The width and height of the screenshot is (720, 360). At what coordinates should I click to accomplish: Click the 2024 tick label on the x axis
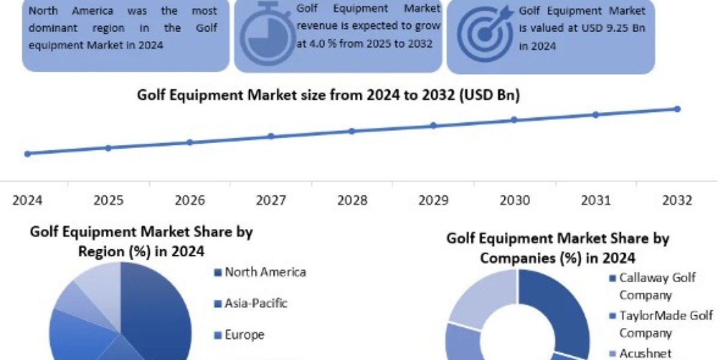click(x=27, y=200)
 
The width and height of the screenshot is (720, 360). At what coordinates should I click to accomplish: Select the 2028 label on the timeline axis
click(x=352, y=200)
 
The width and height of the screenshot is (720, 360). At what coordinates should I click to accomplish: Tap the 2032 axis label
click(x=677, y=200)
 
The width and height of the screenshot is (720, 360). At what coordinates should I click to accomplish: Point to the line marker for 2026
click(x=190, y=142)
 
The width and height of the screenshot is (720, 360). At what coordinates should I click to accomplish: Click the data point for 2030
click(x=514, y=119)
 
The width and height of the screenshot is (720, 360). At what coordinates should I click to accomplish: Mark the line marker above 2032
click(x=677, y=109)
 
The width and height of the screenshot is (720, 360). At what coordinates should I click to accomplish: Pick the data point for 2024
click(x=27, y=154)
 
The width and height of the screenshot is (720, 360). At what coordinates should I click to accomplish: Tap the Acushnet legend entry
click(x=644, y=355)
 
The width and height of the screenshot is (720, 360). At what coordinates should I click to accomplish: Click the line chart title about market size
click(x=328, y=95)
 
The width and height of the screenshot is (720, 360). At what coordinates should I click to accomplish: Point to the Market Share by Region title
click(x=142, y=241)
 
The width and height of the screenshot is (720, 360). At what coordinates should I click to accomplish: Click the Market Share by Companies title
click(x=557, y=248)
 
